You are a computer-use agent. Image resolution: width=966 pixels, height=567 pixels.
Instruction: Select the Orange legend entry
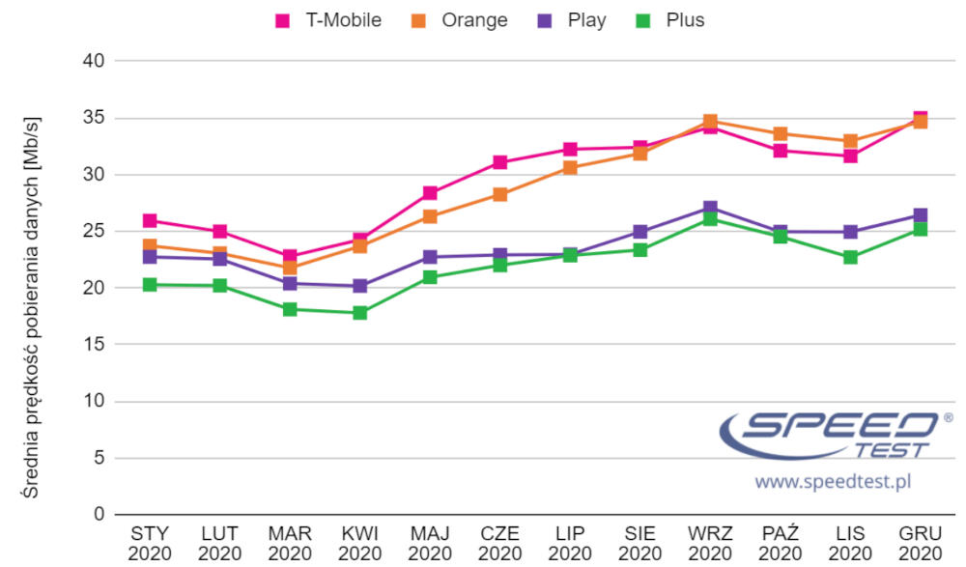pos(461,20)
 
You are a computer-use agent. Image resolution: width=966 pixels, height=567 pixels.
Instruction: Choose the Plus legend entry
pos(672,20)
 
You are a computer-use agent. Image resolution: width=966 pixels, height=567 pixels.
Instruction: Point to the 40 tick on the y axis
pos(95,61)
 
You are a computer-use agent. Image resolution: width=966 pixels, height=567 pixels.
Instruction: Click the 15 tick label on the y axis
pos(95,345)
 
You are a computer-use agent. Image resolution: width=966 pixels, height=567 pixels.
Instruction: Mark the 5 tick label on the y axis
pos(99,458)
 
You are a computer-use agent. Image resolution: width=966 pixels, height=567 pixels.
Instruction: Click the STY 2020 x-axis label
pos(150,543)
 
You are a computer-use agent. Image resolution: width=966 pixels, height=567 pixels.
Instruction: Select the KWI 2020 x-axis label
pos(359,543)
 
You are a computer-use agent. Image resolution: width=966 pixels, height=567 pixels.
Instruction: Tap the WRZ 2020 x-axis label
pos(710,543)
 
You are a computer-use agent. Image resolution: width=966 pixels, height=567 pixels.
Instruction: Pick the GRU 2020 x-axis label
pos(920,543)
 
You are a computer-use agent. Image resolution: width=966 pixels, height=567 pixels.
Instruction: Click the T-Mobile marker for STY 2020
pos(150,222)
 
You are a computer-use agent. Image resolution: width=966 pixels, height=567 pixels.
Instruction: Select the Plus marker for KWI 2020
pos(359,313)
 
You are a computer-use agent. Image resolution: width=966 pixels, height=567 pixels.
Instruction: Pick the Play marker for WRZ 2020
pos(710,209)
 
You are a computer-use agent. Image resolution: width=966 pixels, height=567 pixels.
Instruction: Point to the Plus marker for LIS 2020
pos(850,258)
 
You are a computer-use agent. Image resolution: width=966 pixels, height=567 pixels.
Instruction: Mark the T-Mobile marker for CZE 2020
pos(499,162)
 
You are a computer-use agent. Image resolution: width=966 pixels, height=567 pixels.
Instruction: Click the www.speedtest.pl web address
pos(833,480)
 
